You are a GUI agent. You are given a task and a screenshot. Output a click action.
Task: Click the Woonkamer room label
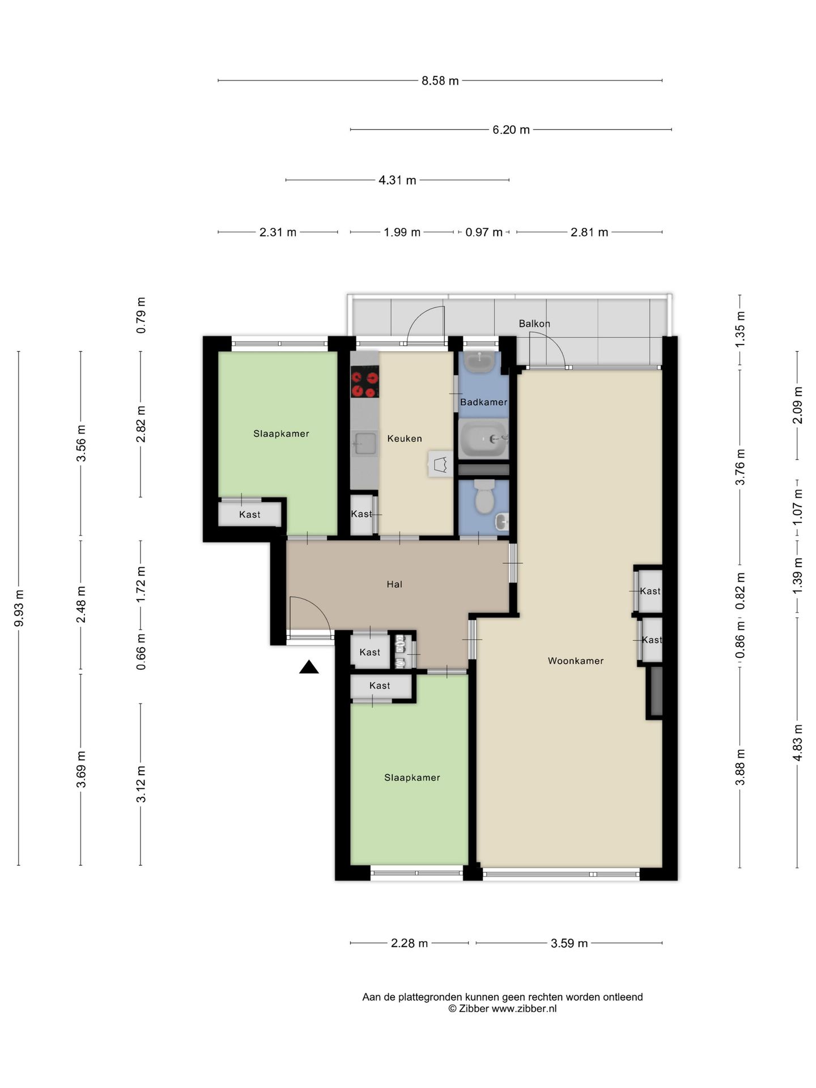(575, 661)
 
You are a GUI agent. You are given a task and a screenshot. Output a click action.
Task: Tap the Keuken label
(405, 439)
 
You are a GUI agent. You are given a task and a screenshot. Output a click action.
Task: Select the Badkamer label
(483, 402)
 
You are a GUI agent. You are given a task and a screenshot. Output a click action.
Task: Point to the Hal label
(394, 584)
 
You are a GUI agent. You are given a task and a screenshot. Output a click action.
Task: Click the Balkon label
(534, 324)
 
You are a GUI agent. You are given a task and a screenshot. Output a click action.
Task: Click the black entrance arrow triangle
(309, 667)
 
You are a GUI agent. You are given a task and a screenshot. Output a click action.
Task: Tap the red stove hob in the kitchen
(364, 381)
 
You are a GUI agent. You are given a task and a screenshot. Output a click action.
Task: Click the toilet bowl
(484, 497)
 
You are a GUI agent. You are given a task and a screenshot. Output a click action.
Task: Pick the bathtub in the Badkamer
(483, 439)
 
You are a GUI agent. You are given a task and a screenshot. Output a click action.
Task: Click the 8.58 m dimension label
(440, 81)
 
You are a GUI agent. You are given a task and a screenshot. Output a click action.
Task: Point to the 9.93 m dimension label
(19, 609)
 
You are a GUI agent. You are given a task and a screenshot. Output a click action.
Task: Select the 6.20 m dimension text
(511, 130)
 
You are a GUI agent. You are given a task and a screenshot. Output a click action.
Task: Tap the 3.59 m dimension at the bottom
(569, 943)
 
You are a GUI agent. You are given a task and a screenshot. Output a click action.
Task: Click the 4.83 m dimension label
(797, 743)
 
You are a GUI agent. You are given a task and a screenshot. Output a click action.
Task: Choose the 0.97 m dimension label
(484, 232)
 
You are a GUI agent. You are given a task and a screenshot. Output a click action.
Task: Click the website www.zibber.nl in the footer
(524, 1009)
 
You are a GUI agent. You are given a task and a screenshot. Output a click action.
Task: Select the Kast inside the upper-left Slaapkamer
(249, 515)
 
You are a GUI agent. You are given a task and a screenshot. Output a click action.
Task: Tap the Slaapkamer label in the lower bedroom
(412, 778)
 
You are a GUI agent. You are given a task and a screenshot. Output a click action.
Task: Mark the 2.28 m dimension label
(409, 943)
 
